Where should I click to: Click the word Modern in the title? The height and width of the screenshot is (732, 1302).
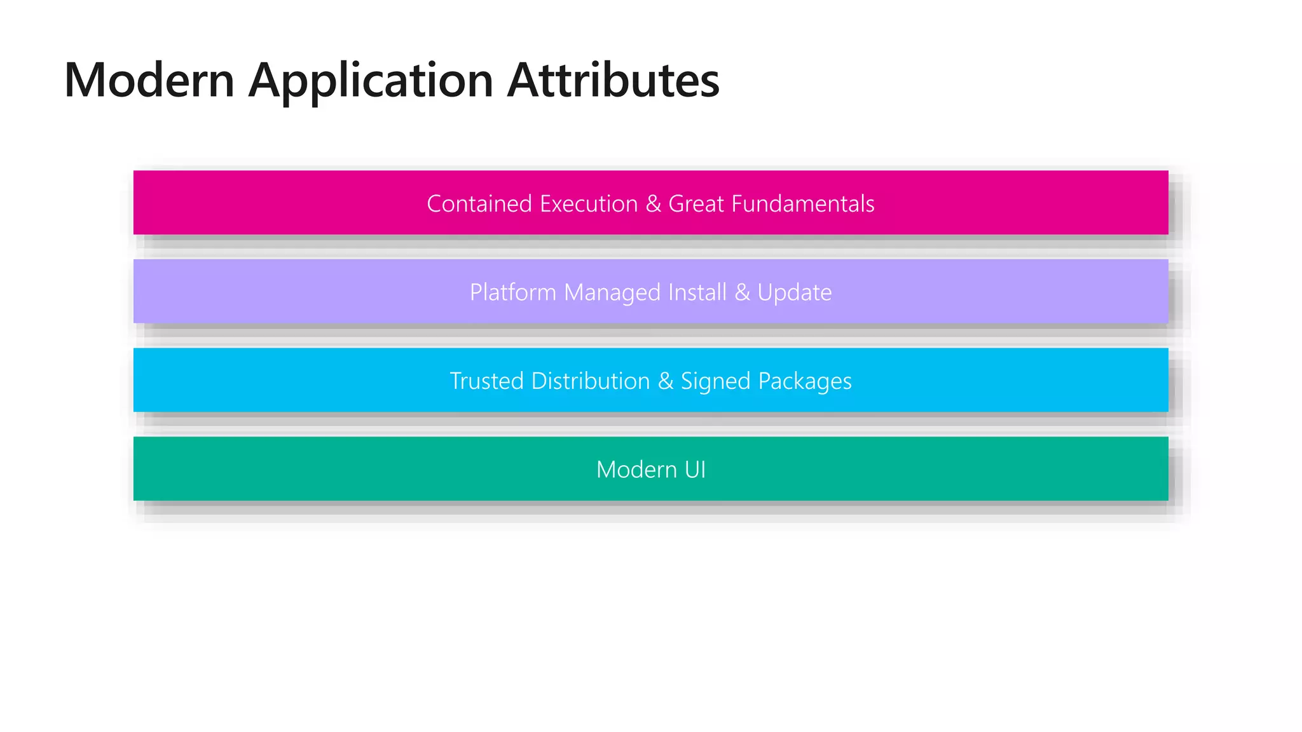tap(149, 80)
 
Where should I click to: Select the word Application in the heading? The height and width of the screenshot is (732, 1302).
tap(371, 81)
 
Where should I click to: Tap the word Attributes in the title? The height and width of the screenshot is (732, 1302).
tap(613, 80)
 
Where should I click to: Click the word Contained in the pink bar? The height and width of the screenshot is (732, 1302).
tap(479, 204)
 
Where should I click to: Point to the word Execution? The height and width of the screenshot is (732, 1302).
tap(589, 204)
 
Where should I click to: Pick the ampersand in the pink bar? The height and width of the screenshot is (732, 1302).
tap(654, 204)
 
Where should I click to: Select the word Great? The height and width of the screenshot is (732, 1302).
tap(696, 204)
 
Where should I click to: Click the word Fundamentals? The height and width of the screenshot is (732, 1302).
tap(803, 204)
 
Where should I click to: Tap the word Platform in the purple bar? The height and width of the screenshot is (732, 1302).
tap(513, 293)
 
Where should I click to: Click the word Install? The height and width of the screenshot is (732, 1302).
tap(697, 292)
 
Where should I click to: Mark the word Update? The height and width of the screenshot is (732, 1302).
tap(794, 293)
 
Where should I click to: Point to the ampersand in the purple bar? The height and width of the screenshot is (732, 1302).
tap(742, 293)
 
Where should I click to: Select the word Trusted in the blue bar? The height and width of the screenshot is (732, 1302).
tap(486, 381)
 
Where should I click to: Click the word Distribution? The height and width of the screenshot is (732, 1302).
tap(591, 381)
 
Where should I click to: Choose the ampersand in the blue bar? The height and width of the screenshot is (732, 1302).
tap(666, 381)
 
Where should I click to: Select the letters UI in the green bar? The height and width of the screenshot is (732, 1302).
tap(695, 470)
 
